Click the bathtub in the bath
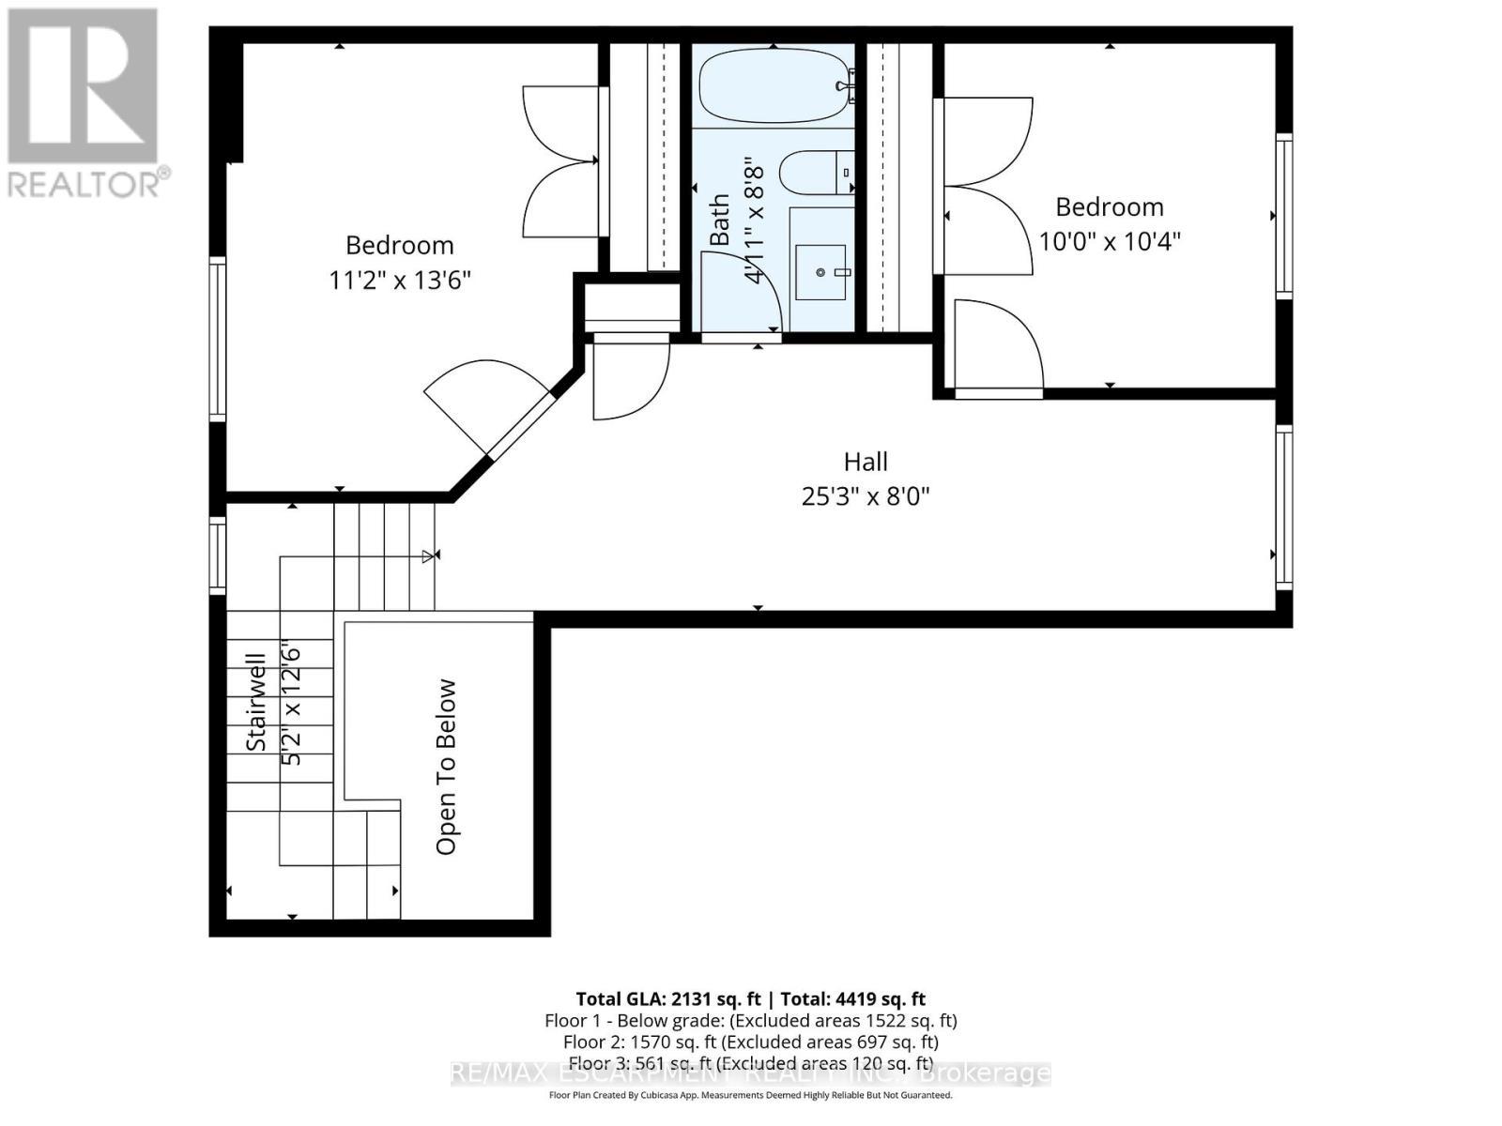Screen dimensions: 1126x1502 point(772,86)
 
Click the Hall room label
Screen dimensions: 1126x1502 point(865,462)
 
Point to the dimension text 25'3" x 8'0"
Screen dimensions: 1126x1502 point(865,495)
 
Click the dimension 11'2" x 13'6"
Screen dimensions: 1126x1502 point(399,280)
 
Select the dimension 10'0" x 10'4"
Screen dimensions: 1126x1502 point(1109,241)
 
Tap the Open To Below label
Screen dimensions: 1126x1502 point(446,767)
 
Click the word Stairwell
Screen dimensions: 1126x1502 point(256,701)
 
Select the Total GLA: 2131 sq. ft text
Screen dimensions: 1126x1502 point(668,999)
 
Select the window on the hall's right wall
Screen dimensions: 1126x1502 point(1283,507)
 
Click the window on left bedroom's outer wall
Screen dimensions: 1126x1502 point(218,338)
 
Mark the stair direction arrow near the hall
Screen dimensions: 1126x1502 point(429,555)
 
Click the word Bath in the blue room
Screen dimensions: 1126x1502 point(719,220)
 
